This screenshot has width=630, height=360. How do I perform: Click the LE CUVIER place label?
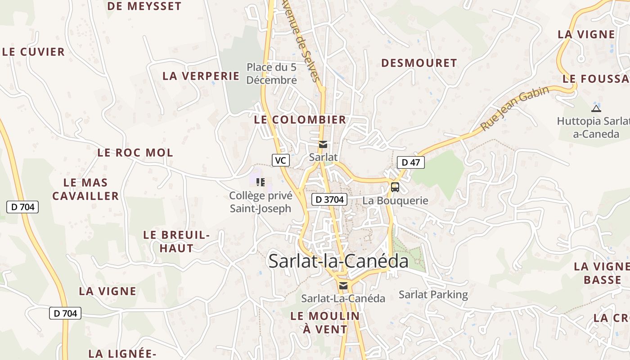(34, 52)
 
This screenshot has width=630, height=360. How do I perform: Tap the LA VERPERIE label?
(201, 76)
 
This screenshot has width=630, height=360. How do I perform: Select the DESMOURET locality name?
(419, 63)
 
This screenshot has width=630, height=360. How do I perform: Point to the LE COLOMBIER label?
(300, 120)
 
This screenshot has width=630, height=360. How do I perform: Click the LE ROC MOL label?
(135, 153)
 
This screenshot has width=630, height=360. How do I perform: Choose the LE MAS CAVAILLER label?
(85, 189)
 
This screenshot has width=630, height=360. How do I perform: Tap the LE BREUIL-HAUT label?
(176, 241)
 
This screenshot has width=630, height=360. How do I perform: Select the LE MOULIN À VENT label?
(325, 322)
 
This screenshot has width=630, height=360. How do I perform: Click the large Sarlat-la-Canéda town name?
(338, 261)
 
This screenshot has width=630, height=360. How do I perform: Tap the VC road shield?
(280, 160)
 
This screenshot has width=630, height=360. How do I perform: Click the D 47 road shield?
(410, 162)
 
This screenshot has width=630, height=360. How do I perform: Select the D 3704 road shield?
(329, 199)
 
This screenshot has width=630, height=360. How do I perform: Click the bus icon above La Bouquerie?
(395, 187)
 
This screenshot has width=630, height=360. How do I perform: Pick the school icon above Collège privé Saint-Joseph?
(261, 182)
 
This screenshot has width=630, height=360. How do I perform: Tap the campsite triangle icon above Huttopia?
(596, 108)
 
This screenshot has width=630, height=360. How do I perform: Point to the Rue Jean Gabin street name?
(515, 108)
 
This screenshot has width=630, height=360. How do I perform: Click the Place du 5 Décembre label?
(272, 74)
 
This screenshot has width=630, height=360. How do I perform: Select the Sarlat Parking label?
(433, 295)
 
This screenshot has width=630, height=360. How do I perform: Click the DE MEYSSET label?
(144, 6)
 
